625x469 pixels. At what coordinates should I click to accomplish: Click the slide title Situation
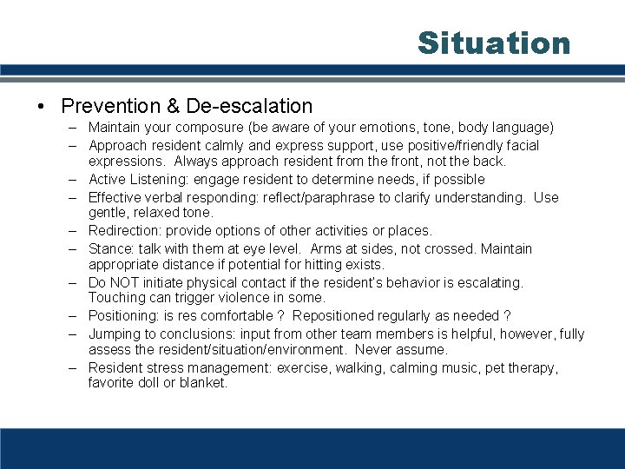click(494, 43)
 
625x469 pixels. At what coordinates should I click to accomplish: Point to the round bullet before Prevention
click(42, 107)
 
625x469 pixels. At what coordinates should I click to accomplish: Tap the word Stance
click(109, 248)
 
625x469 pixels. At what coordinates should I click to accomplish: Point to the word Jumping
click(114, 334)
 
